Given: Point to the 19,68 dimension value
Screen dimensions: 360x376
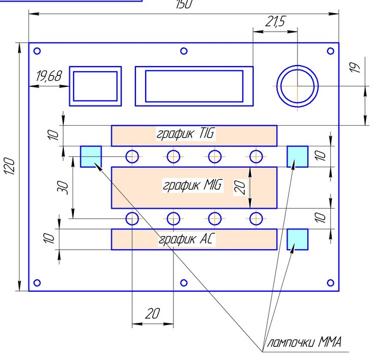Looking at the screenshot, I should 49,76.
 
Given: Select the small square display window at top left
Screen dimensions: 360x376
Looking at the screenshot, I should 96,86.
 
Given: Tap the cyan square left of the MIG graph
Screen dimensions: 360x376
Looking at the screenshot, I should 91,156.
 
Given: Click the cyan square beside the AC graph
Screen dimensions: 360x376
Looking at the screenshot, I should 297,239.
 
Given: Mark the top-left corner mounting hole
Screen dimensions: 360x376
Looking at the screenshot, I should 38,51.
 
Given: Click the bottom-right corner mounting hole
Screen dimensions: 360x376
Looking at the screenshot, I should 330,282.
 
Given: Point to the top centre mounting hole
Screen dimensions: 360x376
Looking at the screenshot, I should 184,51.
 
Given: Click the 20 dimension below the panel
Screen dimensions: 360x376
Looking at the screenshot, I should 152,313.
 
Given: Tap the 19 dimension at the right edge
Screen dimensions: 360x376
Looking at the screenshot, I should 355,69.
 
